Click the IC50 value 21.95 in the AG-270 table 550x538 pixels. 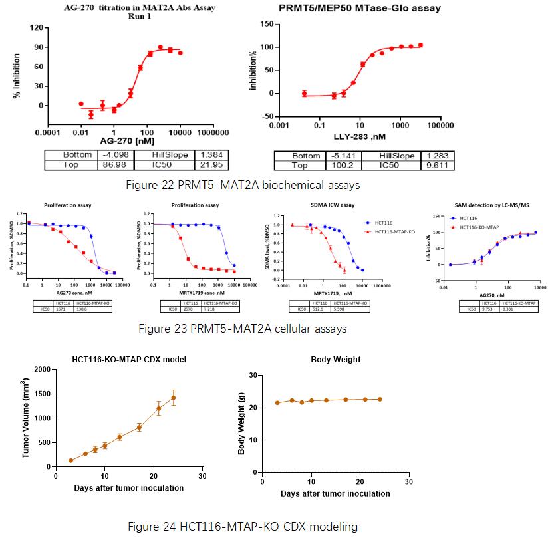click(x=205, y=164)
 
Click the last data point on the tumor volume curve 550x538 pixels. click(x=174, y=398)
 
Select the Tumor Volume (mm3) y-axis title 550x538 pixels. click(x=27, y=418)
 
